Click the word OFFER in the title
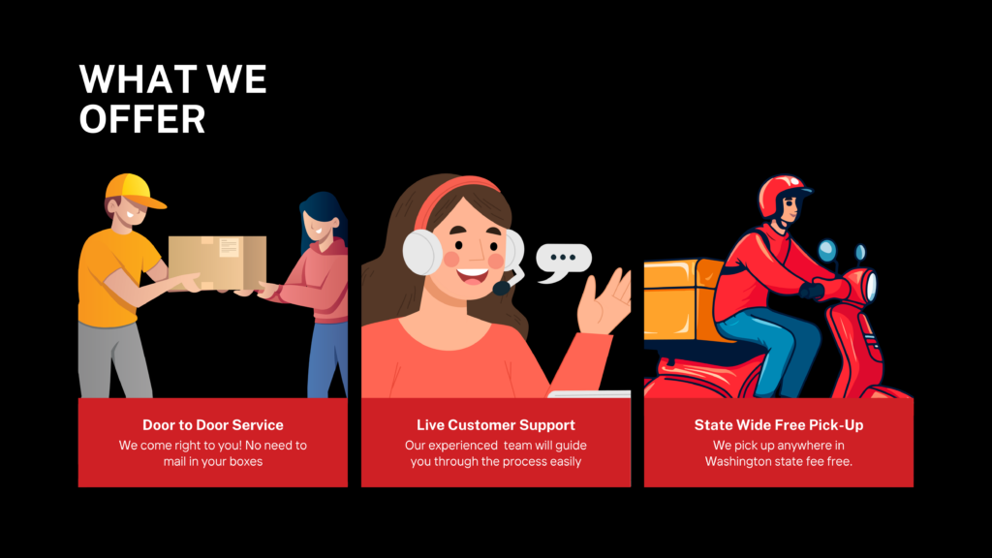click(x=142, y=119)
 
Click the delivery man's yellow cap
click(x=134, y=190)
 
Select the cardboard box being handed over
click(x=217, y=263)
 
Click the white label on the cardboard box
click(x=229, y=247)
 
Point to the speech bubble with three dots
click(x=563, y=262)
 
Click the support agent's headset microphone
click(x=503, y=288)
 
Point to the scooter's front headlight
click(x=871, y=285)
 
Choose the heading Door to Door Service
click(x=212, y=425)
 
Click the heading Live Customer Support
click(x=496, y=425)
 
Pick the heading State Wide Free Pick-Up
click(x=779, y=425)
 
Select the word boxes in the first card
click(x=246, y=462)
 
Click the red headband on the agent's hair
click(x=450, y=196)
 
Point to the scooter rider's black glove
click(x=812, y=291)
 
